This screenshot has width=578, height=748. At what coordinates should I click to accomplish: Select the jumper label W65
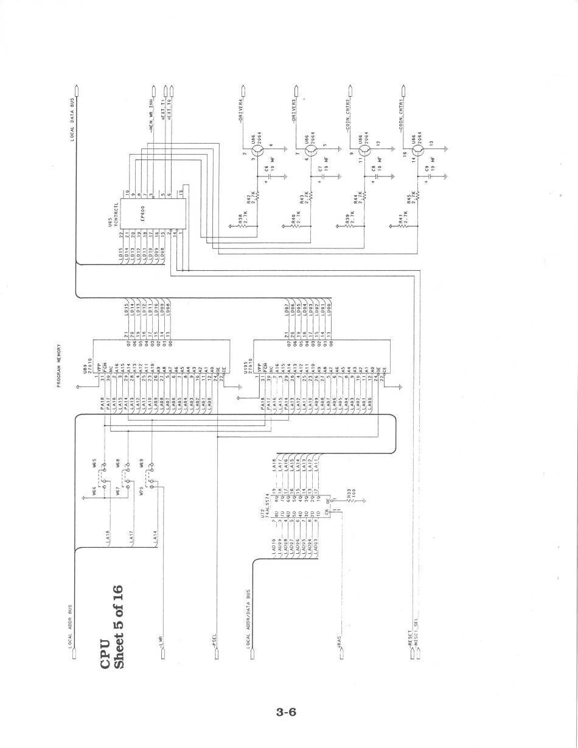point(94,464)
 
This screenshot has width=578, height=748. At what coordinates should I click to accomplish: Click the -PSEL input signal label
point(214,642)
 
